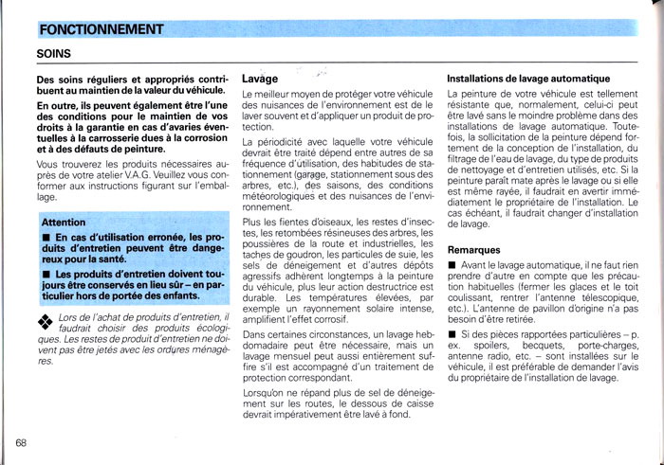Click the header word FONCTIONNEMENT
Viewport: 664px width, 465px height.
pos(103,29)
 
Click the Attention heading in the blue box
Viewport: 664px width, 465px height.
pos(65,222)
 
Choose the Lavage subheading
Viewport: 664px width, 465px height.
pos(260,79)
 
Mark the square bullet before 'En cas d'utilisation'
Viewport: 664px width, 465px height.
pos(44,237)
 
